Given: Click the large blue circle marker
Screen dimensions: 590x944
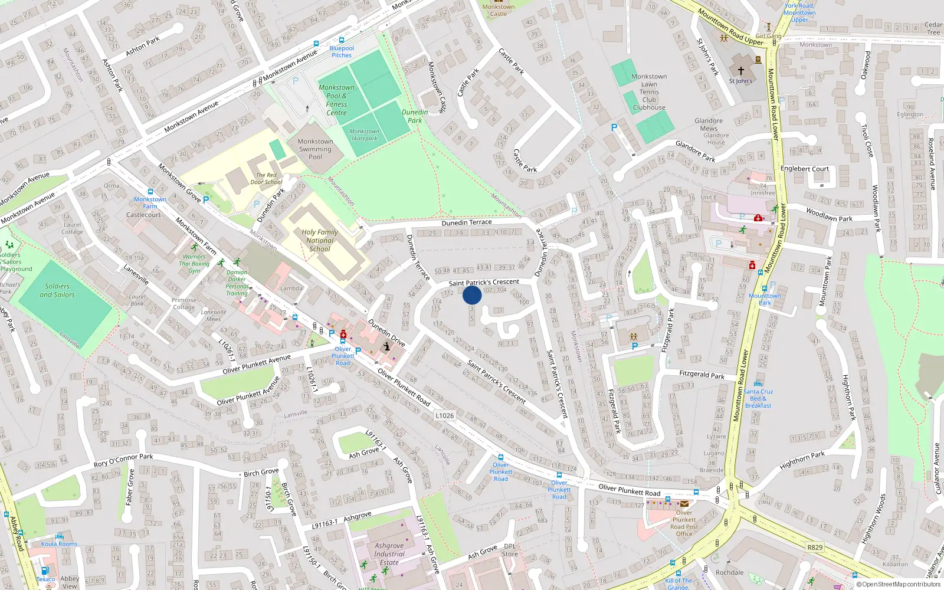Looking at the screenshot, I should tap(472, 295).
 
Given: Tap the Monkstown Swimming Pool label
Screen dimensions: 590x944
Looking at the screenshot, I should tap(316, 149).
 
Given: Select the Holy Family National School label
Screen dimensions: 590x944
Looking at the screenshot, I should tap(320, 240).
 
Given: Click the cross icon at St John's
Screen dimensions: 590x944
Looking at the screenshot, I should tap(741, 70).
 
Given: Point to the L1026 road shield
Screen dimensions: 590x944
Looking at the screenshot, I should tap(445, 415).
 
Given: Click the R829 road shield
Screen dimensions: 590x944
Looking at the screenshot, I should tap(815, 547).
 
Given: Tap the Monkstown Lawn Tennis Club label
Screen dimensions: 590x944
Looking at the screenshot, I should tap(649, 92).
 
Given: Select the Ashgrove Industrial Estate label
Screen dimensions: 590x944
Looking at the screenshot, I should tap(389, 554).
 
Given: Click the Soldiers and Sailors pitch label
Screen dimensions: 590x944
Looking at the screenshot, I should tap(57, 290).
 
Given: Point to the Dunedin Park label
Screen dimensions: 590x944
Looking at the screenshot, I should tap(415, 116).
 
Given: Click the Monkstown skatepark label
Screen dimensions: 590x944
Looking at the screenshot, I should tap(365, 135).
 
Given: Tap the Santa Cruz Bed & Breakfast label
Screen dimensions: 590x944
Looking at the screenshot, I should tap(758, 398).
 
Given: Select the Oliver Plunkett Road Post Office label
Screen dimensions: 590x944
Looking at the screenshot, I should tap(684, 523).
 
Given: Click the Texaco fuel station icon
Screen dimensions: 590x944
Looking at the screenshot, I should tap(44, 571).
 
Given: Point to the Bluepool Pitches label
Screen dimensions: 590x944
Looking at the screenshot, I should tap(342, 52).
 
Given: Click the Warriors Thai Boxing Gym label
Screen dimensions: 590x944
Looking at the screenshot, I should tap(195, 264).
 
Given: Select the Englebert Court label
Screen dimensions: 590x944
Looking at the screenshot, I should tap(805, 169).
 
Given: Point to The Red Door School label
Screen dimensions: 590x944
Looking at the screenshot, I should tap(266, 179).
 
